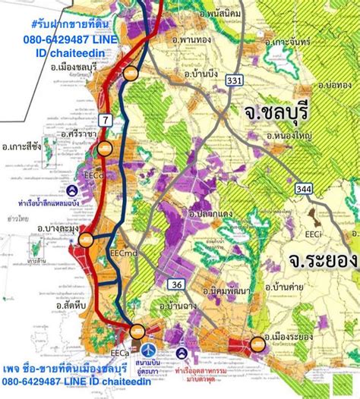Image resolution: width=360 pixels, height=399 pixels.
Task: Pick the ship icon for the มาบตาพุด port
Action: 182,353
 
